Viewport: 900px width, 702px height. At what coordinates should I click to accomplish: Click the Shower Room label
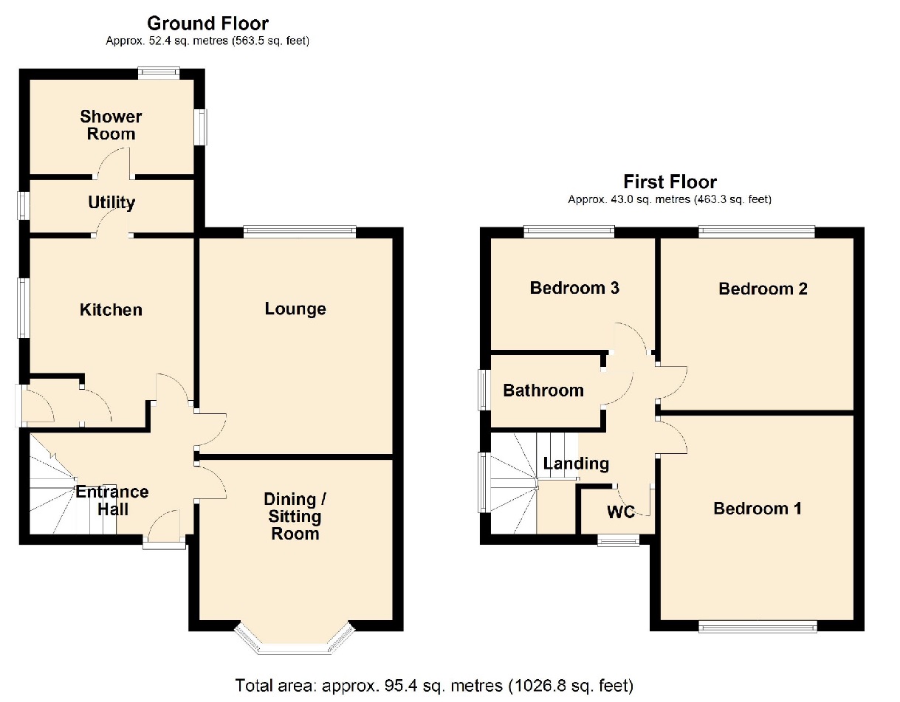point(111,125)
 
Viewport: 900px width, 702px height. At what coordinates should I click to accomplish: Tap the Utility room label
point(111,202)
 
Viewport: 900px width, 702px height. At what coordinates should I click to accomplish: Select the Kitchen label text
point(111,310)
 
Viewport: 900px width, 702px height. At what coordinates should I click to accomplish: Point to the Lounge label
point(295,309)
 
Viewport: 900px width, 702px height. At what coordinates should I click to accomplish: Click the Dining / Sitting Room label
point(295,517)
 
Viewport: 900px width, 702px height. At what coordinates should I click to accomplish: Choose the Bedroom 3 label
point(574,288)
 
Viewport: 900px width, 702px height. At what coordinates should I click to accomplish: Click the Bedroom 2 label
point(763,289)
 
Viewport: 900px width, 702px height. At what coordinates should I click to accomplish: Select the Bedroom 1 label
point(757,509)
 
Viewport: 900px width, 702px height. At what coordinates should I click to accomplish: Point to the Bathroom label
point(543,390)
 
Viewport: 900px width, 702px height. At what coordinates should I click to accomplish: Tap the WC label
point(621,512)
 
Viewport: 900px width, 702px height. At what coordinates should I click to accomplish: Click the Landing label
point(576,464)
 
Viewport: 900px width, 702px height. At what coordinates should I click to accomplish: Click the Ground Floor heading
point(207,24)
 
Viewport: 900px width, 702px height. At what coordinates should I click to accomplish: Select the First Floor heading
point(670,182)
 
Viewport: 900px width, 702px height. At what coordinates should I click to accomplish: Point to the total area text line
point(434,684)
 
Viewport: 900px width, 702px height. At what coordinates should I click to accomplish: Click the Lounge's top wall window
point(300,232)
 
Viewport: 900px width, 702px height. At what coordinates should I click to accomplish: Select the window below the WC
point(619,541)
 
